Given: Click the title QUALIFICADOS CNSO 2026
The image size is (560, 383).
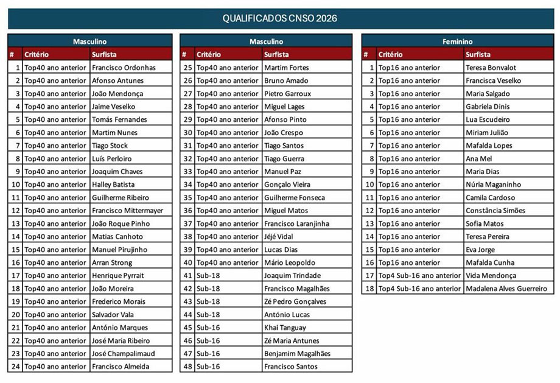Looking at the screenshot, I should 279,18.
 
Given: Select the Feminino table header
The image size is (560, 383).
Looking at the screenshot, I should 457,41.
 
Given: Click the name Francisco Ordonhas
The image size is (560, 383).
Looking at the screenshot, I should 124,68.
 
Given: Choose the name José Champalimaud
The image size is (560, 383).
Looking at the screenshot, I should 123,353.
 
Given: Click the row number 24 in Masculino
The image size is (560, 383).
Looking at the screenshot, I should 15,367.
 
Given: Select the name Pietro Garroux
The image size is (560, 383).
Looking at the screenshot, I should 287,94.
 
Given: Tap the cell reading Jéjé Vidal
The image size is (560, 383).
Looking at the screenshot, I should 279,236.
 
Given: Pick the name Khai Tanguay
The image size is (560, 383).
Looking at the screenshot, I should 285,328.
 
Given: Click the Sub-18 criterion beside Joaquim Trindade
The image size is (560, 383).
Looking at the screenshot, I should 208,276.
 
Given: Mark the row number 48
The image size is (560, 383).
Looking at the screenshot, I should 187,367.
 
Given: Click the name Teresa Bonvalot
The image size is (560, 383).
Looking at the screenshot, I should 491,68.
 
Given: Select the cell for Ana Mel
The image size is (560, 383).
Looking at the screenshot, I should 478,158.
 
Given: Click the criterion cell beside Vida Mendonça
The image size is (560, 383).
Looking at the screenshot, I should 419,276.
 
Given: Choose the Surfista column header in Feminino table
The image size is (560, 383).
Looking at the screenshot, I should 478,55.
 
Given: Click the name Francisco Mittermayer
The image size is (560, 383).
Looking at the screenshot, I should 127,211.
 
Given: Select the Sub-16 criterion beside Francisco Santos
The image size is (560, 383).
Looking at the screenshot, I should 208,367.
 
